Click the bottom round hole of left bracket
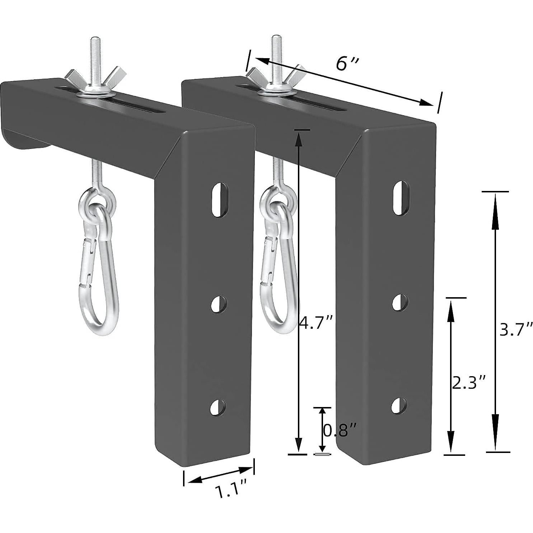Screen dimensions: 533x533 [x=218, y=408]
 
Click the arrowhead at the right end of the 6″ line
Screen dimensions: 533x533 [x=427, y=103]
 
